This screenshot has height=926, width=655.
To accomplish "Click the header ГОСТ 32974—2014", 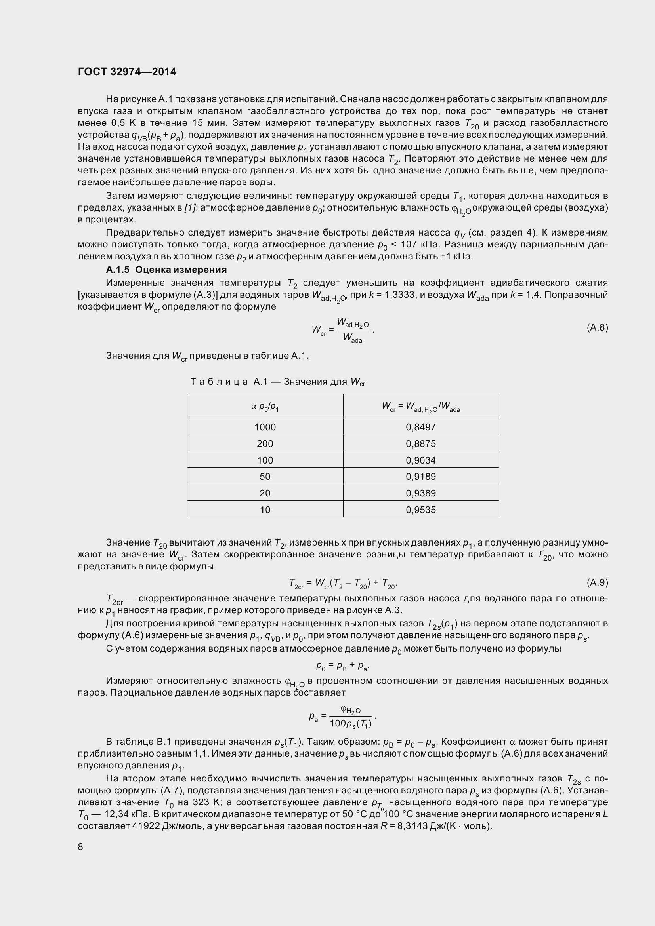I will point(127,72).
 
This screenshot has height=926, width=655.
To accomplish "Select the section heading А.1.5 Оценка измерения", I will point(166,270).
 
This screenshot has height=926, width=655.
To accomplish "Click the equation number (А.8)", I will point(597,327).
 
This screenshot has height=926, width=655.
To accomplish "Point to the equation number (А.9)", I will point(597,582).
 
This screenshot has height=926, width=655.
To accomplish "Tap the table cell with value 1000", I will point(265,427).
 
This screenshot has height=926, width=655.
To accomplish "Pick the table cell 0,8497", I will point(420,427).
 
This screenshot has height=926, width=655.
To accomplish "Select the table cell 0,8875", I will point(420,444).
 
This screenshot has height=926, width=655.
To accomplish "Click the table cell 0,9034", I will point(420,460).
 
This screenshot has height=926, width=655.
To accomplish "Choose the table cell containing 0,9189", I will point(420,476).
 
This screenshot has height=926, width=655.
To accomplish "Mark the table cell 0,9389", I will point(420,493).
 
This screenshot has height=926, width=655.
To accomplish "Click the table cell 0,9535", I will point(420,510).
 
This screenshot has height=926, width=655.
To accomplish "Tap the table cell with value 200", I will point(265,444).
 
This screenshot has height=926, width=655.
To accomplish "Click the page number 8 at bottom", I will point(80,846).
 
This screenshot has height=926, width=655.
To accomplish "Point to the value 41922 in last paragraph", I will point(145,826).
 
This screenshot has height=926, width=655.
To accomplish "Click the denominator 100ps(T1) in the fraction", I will point(350,724).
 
